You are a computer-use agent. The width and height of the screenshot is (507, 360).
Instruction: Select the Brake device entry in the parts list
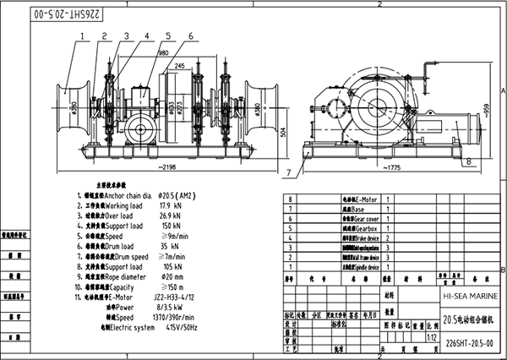pos(361,239)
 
